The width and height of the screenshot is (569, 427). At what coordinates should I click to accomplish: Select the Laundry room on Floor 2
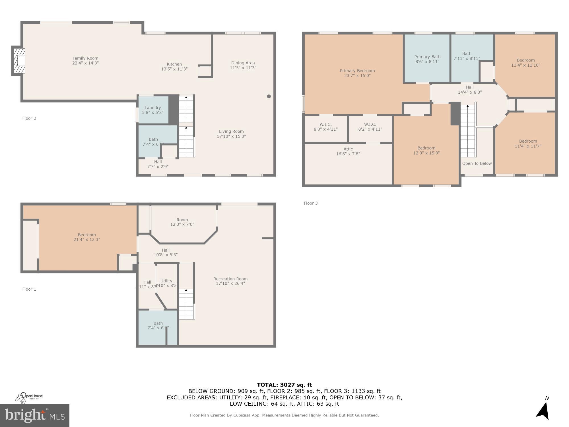coord(153,110)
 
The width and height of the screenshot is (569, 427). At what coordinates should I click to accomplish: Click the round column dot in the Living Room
coord(269,96)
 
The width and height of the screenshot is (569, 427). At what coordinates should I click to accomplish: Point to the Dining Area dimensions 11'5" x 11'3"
coord(243,68)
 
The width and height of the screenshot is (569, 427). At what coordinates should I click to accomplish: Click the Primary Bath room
coord(427,59)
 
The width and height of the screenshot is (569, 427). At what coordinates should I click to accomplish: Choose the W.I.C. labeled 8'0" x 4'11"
coord(325,127)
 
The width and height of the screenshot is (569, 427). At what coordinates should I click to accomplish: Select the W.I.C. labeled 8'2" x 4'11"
coord(370,127)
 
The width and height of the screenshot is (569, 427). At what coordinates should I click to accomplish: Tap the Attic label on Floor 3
coord(348,149)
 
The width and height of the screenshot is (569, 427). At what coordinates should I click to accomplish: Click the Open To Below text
coord(477,163)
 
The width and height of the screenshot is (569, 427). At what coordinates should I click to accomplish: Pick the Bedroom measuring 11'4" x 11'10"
coord(525,63)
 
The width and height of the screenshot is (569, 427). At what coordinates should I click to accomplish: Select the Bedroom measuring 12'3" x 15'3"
coord(426,150)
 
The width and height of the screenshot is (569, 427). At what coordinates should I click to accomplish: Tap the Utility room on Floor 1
coord(166,283)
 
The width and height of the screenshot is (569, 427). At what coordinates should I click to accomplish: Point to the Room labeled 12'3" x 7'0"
coord(182,222)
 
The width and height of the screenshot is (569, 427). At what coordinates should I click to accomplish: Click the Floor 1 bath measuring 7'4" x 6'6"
coord(158,325)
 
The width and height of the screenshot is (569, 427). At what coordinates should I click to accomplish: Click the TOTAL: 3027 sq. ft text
coord(284,385)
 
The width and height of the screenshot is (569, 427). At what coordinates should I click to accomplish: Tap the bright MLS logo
coord(34,416)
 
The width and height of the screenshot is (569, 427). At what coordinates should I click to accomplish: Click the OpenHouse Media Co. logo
coord(29,397)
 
